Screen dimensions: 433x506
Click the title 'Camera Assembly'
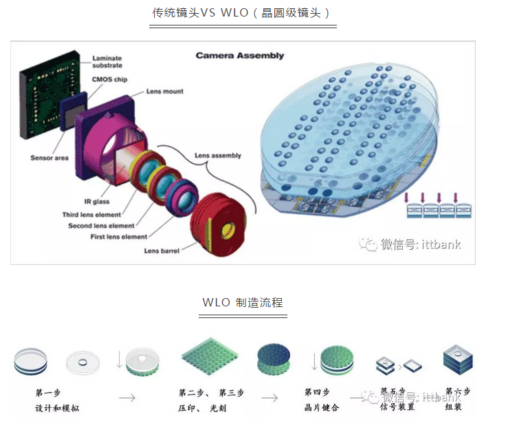[239, 56]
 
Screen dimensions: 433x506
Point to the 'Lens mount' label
[164, 92]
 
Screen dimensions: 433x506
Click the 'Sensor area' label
[49, 158]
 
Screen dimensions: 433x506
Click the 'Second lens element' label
[101, 226]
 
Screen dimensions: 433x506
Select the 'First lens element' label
[109, 237]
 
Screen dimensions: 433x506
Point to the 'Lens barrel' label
[162, 251]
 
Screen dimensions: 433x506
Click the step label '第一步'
[48, 393]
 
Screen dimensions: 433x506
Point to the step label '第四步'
[317, 392]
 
